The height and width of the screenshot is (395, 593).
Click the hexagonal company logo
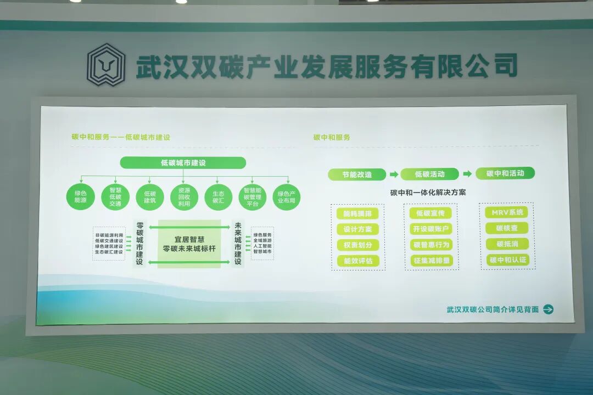(106, 65)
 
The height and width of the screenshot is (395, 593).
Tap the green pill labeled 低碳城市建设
(183, 163)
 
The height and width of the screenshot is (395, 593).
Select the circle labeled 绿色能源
(81, 196)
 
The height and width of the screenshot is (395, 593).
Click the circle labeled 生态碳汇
(219, 196)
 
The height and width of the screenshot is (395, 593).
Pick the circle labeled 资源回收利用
(184, 196)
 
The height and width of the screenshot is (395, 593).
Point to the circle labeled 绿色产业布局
(287, 196)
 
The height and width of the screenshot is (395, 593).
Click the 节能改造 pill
(357, 174)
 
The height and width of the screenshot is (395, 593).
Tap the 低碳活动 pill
(429, 174)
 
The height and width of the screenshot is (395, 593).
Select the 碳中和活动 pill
(505, 173)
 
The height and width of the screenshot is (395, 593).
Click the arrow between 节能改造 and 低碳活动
(393, 174)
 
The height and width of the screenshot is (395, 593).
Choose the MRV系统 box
(507, 212)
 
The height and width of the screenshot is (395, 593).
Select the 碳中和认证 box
(507, 259)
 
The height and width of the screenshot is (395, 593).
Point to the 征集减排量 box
(431, 261)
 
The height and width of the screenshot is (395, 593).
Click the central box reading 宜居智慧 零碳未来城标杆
(189, 244)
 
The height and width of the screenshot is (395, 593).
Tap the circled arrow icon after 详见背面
(548, 309)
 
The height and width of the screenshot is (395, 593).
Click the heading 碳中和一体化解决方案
(428, 193)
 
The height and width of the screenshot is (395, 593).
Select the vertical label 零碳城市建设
(139, 244)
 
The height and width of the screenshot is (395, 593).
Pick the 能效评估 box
(357, 261)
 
